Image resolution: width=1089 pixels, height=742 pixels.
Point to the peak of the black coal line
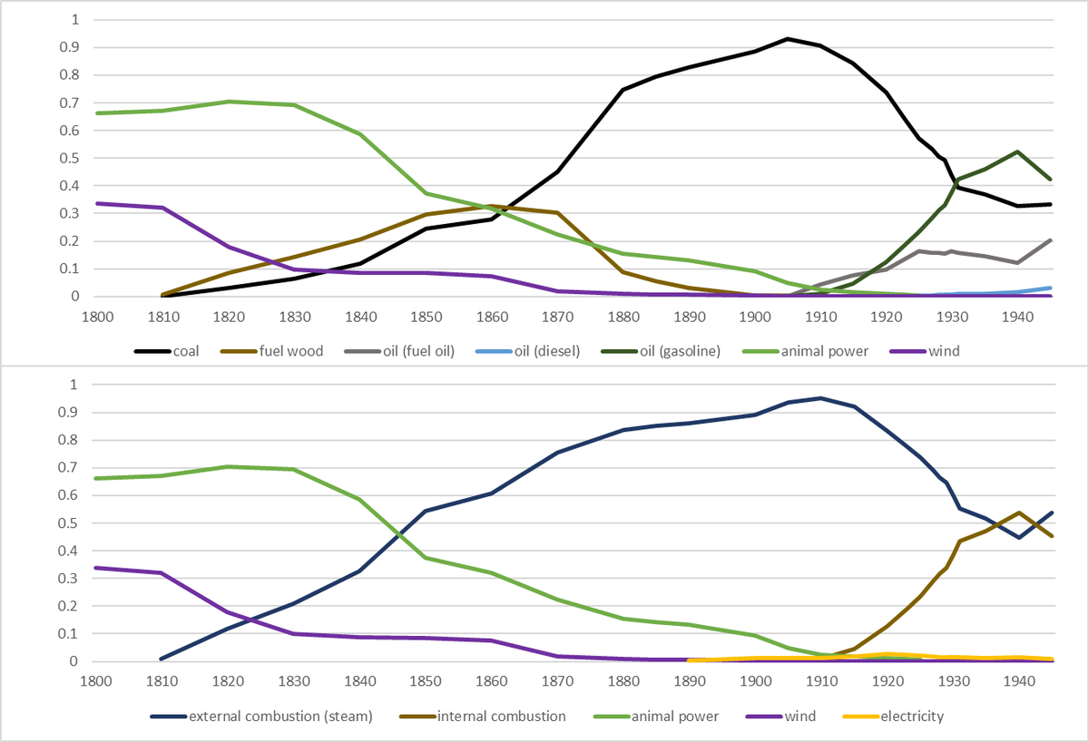pyautogui.click(x=788, y=39)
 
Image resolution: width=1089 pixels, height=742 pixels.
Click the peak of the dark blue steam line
pyautogui.click(x=821, y=397)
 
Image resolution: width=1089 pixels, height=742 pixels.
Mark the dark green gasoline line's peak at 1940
pyautogui.click(x=1018, y=151)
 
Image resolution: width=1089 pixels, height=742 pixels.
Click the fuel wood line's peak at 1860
pyautogui.click(x=492, y=206)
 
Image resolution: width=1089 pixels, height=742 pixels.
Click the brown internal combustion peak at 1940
pyautogui.click(x=1018, y=513)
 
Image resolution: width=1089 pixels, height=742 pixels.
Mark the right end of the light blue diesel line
pyautogui.click(x=1051, y=288)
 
